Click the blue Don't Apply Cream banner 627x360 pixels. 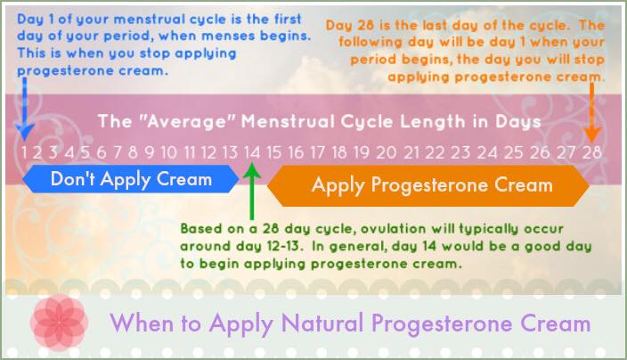(131, 179)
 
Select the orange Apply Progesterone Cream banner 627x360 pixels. (428, 185)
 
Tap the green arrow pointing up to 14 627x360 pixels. (252, 192)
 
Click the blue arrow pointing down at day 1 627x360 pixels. (24, 109)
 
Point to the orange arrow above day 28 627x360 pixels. (591, 113)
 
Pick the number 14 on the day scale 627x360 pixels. (252, 152)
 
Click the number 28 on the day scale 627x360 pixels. (591, 152)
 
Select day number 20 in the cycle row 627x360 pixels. (386, 152)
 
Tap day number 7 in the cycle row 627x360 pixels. (118, 152)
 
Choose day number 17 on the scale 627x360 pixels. (317, 152)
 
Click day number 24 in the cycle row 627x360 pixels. (486, 152)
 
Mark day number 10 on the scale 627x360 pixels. (168, 152)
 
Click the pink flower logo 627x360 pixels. (59, 323)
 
